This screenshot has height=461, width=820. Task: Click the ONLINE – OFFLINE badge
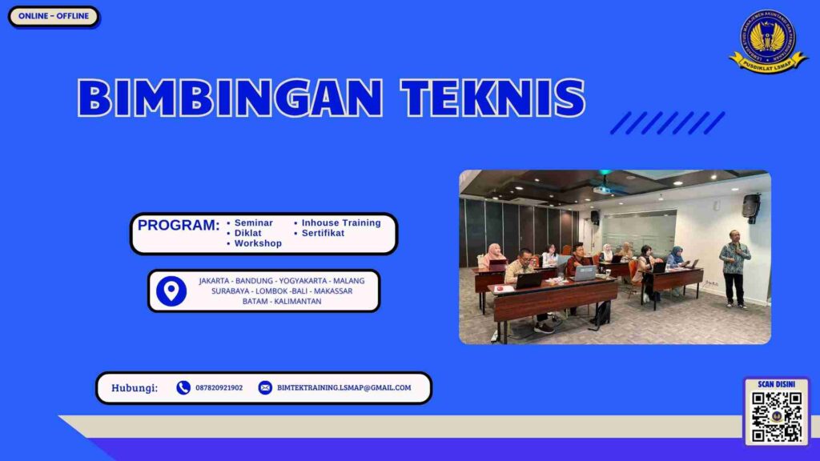point(54,16)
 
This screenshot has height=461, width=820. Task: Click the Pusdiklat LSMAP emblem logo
point(768,42)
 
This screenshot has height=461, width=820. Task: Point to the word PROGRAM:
point(178,226)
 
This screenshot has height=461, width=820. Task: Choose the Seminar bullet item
point(253,222)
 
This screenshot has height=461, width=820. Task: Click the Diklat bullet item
point(247,233)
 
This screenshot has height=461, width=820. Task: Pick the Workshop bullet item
point(257,243)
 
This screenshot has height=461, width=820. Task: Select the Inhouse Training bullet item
point(340,222)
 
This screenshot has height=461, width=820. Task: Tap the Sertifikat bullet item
point(323,233)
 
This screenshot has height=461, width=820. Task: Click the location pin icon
point(171,291)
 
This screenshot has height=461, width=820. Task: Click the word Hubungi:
point(135,388)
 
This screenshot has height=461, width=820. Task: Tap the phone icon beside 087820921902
point(183,388)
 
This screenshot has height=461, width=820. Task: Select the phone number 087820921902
point(219,388)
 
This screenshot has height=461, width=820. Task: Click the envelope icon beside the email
point(265,388)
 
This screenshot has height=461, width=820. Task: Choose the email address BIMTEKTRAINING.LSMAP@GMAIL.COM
point(344,388)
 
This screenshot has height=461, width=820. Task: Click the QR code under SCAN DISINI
point(777,416)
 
